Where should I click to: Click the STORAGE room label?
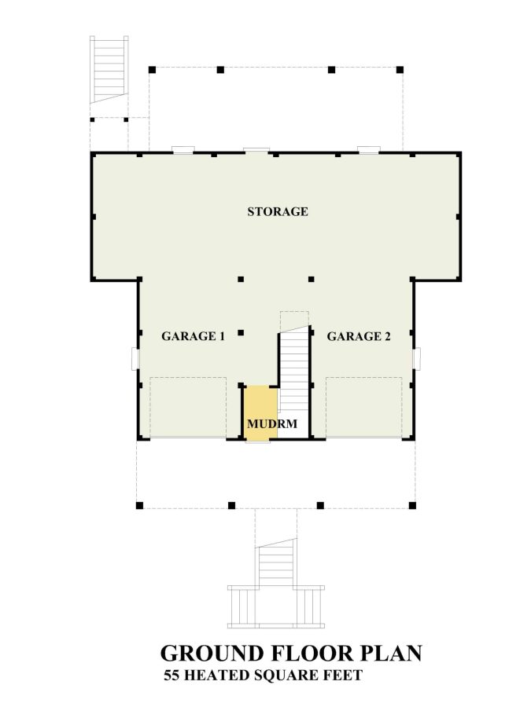(x=277, y=211)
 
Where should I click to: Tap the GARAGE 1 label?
(x=194, y=336)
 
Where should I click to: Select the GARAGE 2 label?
(x=359, y=336)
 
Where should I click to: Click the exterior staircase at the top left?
(x=109, y=68)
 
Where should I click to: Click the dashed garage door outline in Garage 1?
(x=188, y=406)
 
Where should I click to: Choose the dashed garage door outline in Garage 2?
(x=363, y=406)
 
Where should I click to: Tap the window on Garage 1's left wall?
(x=135, y=358)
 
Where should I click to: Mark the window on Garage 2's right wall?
(x=418, y=358)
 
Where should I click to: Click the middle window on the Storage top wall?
(x=256, y=149)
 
